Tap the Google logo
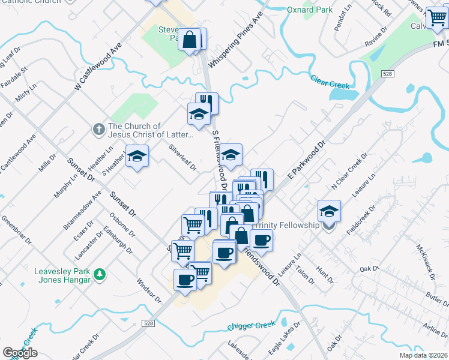click(20, 353)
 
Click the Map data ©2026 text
click(423, 355)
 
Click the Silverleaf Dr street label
click(182, 157)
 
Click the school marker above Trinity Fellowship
click(329, 211)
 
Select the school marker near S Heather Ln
click(137, 158)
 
